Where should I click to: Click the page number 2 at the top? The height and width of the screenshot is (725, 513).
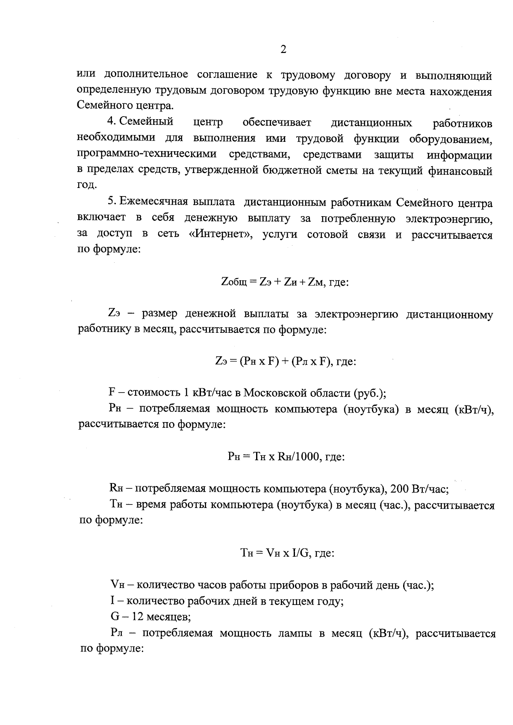(283, 50)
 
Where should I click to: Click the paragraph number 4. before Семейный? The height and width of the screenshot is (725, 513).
(112, 122)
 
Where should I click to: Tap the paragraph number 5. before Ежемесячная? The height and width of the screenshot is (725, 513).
(112, 202)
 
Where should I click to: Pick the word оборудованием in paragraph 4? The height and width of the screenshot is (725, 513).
(451, 139)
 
